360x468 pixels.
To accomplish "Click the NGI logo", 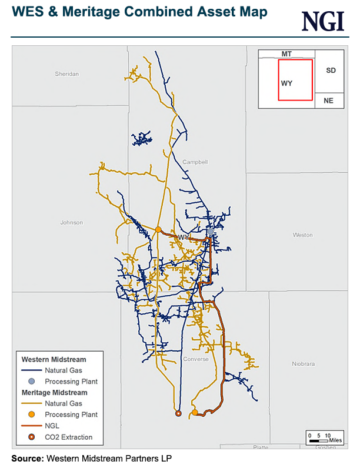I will (x=323, y=21).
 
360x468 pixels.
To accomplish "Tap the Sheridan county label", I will (x=66, y=74).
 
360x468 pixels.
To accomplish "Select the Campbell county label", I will (x=195, y=162).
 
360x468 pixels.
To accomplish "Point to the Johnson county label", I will (x=72, y=222).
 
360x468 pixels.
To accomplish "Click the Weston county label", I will (x=302, y=235).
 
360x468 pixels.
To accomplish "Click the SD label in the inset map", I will (x=331, y=70).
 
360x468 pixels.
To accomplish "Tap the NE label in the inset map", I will (x=328, y=101).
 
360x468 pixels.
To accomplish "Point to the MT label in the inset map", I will (x=286, y=54).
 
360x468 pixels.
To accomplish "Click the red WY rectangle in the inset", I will (x=295, y=81).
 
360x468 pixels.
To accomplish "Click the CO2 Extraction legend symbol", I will (x=32, y=437).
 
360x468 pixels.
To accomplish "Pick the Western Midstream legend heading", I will (x=54, y=359).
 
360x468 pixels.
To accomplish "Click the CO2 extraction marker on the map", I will (x=179, y=413).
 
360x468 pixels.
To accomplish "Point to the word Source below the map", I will (x=27, y=457).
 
